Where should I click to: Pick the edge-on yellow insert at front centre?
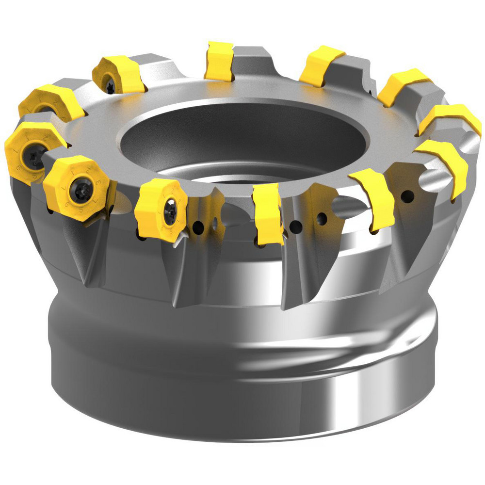tap(268, 213)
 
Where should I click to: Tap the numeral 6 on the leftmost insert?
tap(19, 167)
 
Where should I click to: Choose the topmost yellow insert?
tap(218, 61)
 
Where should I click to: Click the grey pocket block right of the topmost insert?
tap(252, 61)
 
